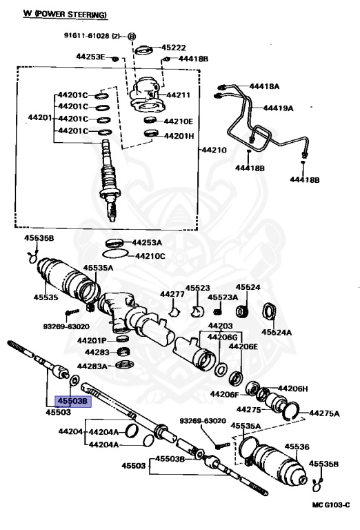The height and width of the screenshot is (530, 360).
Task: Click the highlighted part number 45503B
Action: (x=73, y=400)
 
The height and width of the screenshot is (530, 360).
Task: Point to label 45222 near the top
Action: (x=174, y=48)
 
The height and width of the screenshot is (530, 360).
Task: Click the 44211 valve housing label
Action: (x=180, y=95)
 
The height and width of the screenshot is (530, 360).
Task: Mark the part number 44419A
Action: (x=279, y=108)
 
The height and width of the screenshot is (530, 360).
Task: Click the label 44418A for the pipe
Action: (x=265, y=86)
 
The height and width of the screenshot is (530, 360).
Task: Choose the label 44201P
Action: (x=92, y=340)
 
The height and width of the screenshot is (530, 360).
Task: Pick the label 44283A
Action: (x=92, y=366)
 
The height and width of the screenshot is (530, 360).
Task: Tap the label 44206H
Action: (x=293, y=389)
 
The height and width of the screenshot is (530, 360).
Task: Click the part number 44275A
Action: (x=324, y=413)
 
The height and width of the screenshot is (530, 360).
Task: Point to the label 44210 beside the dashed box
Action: (x=213, y=149)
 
